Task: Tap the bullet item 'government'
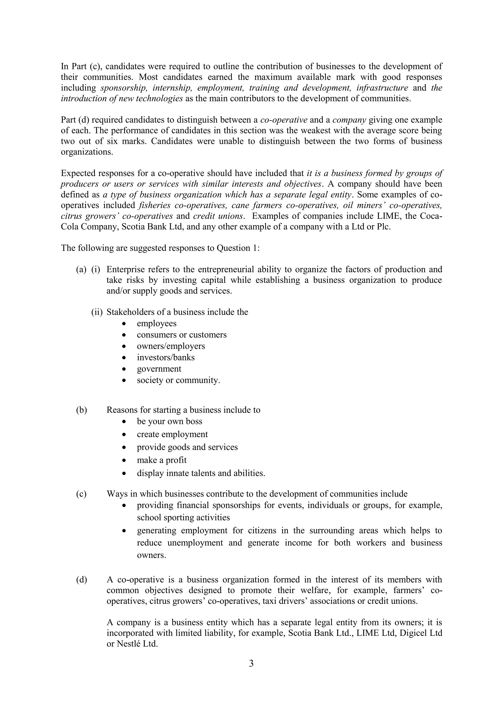pos(159,369)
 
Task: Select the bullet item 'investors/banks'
pos(166,357)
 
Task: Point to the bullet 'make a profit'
pos(162,460)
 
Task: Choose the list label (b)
pos(82,410)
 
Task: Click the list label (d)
pos(82,580)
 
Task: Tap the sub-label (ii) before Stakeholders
pos(97,312)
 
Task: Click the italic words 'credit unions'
pos(217,216)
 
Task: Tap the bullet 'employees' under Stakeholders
pos(157,323)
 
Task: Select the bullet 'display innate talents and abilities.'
pos(201,473)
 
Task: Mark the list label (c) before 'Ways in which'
pos(82,494)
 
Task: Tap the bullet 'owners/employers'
pos(171,346)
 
